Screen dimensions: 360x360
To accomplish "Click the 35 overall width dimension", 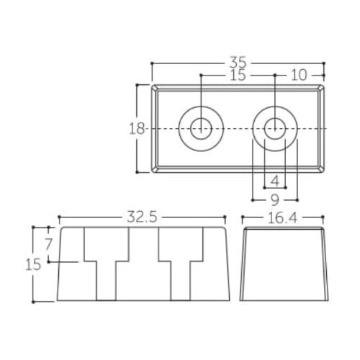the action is coord(238,63).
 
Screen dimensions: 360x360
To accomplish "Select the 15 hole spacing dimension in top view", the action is coord(238,75).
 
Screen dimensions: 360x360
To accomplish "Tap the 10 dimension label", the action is coord(299,75).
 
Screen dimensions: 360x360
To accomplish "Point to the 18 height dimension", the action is coord(137,129).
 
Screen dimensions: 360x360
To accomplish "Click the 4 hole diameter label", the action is coord(275,181).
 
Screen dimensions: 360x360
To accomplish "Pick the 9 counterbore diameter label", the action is coord(275,200).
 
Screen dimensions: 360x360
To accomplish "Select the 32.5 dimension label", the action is coord(142,217).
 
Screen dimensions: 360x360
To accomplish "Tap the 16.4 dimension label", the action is coord(282,218).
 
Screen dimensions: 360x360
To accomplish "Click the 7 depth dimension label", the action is coord(49,244).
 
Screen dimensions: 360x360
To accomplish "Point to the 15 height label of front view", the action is coord(33,265).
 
